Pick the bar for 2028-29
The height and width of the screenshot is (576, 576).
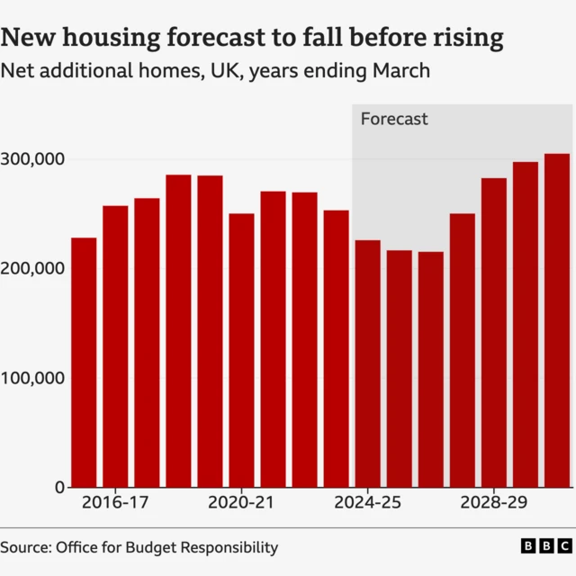click(493, 333)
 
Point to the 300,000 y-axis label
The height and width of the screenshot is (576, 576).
click(33, 159)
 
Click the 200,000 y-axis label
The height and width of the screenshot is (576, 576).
click(33, 268)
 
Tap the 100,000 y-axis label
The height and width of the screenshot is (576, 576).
click(33, 378)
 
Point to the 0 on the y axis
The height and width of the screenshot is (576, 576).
click(59, 487)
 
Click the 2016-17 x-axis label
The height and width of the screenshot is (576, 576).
click(115, 503)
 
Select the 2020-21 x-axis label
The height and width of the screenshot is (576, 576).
click(241, 503)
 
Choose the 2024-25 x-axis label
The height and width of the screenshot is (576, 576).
click(367, 503)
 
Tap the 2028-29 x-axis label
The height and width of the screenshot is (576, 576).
click(493, 503)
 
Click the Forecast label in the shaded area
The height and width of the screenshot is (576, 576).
click(394, 119)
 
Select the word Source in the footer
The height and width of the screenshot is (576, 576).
click(25, 547)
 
